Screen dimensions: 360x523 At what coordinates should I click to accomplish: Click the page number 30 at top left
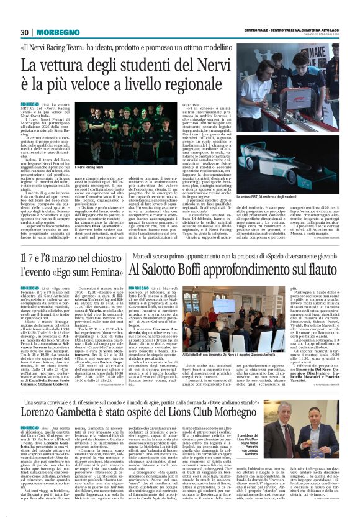(x=25, y=32)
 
